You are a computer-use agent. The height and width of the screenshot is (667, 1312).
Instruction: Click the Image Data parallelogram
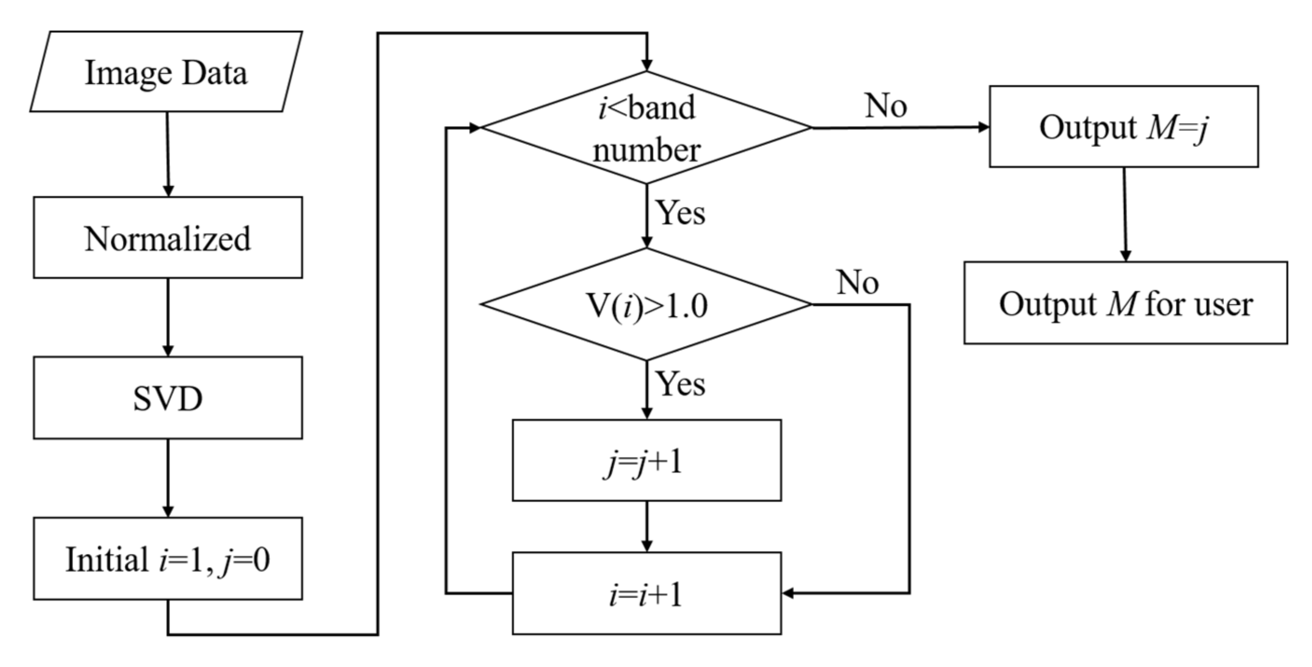[x=166, y=72]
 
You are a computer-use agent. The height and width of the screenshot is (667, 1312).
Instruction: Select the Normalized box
[x=168, y=238]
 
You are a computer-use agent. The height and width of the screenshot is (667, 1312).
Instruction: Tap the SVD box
[x=168, y=398]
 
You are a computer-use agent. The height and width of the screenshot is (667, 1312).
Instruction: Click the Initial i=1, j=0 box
[x=168, y=559]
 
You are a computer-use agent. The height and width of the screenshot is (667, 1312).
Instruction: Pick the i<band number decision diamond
[x=646, y=127]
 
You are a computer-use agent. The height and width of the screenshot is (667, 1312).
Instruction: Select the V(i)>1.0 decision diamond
[x=646, y=304]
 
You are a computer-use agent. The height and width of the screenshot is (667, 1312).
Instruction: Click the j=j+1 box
[x=646, y=460]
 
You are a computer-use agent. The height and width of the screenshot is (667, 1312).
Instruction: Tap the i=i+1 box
[x=646, y=593]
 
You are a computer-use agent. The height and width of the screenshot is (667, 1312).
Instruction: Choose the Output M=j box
[x=1124, y=126]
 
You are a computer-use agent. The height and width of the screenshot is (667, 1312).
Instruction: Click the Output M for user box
[x=1126, y=303]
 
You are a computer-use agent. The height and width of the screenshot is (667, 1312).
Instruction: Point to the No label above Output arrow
[x=886, y=106]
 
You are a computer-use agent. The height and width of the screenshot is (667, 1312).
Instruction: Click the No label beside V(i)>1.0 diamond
[x=858, y=282]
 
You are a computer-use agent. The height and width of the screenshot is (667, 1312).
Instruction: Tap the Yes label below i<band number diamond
[x=680, y=212]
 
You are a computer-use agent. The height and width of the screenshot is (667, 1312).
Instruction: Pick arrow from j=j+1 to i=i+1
[x=646, y=526]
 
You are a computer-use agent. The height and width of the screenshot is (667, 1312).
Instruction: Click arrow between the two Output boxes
[x=1125, y=214]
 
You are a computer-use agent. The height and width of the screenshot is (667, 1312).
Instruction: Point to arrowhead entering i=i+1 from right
[x=789, y=593]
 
